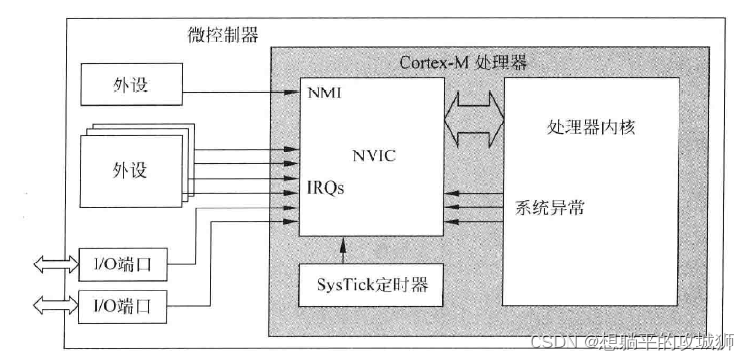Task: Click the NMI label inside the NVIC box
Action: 324,93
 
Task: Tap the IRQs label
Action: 326,188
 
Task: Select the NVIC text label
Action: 374,156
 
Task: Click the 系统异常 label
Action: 549,208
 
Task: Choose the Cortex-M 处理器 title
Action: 462,63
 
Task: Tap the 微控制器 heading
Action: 223,36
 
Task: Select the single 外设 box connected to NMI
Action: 131,84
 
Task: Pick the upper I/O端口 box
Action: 123,264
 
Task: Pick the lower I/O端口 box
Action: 123,307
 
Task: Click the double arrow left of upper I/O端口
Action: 56,264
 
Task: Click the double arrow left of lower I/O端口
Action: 56,306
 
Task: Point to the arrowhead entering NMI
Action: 291,92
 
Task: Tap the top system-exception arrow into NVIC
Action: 473,194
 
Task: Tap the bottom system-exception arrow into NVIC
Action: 473,221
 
